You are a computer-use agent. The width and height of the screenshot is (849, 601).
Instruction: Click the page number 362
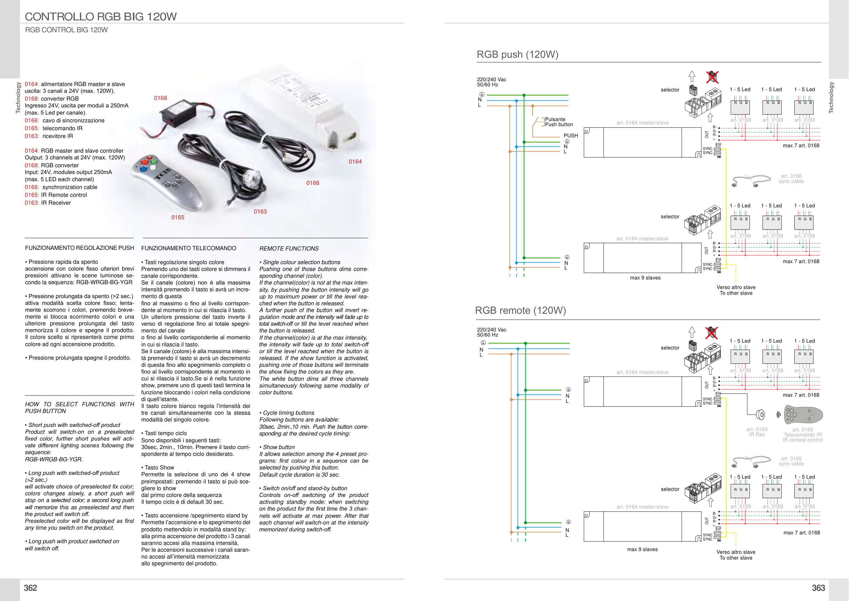30,588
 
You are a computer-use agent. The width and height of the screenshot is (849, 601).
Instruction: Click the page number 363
818,588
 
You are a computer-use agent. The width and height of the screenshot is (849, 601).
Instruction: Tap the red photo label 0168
161,98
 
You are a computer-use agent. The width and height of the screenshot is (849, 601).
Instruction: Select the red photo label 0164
355,162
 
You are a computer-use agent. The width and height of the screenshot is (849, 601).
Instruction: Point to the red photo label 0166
312,183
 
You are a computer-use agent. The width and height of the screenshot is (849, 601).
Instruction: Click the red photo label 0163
260,212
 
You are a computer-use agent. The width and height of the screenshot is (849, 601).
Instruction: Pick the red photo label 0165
178,218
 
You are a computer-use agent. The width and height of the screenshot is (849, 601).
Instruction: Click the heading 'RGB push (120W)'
517,55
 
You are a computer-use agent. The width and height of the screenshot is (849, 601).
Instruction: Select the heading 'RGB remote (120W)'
520,310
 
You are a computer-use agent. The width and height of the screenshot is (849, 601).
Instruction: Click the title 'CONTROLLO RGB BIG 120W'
101,17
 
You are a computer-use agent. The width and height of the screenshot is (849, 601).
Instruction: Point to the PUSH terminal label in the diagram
571,136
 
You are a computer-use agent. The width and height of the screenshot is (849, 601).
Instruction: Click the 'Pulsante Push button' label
559,122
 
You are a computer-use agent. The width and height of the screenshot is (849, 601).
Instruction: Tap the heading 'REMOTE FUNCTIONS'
289,249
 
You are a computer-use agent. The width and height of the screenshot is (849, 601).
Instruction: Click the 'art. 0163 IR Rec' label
757,432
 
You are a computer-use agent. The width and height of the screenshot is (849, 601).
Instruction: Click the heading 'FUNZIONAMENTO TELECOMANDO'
188,248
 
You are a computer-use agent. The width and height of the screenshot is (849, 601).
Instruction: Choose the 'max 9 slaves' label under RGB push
645,278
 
